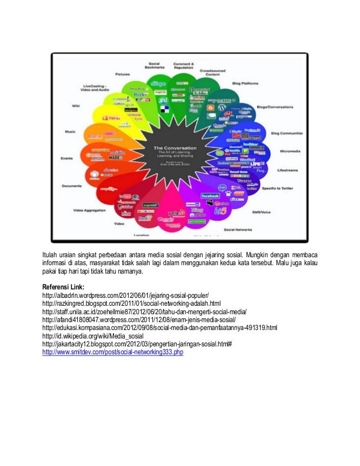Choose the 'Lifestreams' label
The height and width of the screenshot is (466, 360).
click(x=288, y=170)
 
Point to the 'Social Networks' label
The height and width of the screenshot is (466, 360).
click(x=237, y=230)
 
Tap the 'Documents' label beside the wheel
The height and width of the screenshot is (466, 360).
click(x=72, y=186)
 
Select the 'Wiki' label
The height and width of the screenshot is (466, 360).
click(x=75, y=105)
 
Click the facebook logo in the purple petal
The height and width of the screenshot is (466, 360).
click(x=210, y=196)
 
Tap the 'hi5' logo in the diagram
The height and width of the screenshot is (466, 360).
click(x=220, y=210)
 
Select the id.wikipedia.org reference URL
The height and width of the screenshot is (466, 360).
click(x=91, y=336)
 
